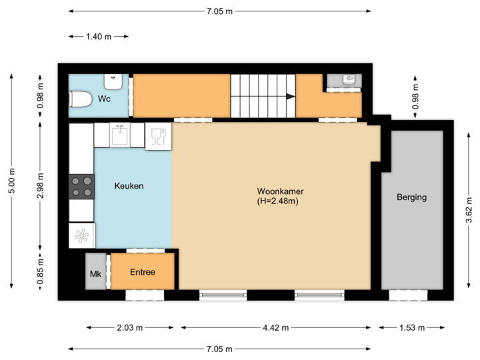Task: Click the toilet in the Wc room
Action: coord(80,99)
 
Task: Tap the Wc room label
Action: coord(104,99)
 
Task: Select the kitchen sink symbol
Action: coord(121,135)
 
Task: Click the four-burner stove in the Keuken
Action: coord(82,186)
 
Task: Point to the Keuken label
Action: coord(129,186)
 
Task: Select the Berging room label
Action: coord(411,197)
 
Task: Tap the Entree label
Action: coord(142,272)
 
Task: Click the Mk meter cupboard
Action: coord(95,273)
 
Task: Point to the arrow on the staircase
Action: coord(289,97)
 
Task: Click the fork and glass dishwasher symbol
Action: coord(157,137)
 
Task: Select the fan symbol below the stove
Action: coord(82,235)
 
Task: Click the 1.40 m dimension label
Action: coord(99,37)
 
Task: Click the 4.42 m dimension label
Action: coord(276,327)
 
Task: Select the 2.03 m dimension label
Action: coord(130,327)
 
